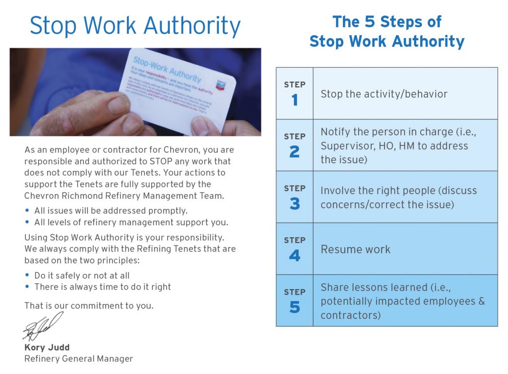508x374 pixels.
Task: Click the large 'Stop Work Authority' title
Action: [135, 26]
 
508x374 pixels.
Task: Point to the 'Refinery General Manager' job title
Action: [78, 359]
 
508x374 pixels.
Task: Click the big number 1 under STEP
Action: [295, 100]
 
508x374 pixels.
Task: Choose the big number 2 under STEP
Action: [295, 152]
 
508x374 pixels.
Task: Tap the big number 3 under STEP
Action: [295, 204]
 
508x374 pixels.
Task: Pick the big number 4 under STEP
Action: [295, 255]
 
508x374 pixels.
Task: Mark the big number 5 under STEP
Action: [295, 308]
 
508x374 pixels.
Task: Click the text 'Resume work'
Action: [355, 249]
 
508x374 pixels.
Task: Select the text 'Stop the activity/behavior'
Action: [384, 94]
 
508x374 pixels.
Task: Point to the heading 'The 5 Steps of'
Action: [387, 22]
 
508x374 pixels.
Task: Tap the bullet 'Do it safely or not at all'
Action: [82, 275]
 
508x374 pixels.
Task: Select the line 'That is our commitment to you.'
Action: [89, 306]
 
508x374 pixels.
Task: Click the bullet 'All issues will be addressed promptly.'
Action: [111, 211]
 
